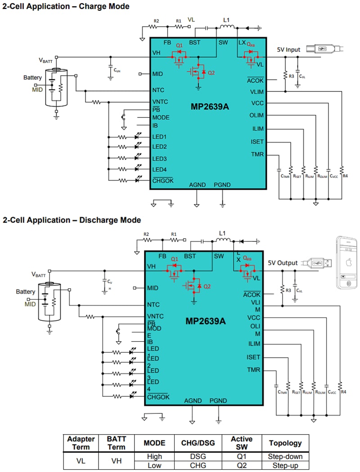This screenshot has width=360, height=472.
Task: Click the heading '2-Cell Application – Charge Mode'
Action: coord(66,6)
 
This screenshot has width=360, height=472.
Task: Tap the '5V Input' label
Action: coord(288,50)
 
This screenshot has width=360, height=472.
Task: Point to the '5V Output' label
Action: coord(283,263)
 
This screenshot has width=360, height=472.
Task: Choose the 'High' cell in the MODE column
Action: coord(154,456)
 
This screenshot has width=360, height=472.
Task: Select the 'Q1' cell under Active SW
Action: coord(241,456)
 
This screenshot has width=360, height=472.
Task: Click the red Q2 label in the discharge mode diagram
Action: coord(207,286)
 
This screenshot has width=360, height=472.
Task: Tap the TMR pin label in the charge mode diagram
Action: coord(257,154)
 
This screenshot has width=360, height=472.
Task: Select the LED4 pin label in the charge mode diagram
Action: coord(159,169)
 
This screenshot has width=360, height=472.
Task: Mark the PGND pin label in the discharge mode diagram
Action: coord(218,401)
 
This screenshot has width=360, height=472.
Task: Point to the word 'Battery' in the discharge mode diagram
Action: coord(25,291)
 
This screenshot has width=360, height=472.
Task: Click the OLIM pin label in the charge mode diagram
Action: coord(256,115)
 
